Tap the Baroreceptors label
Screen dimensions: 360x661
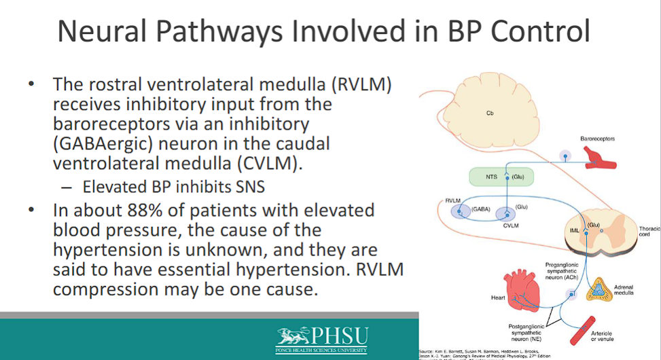click(597, 138)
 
